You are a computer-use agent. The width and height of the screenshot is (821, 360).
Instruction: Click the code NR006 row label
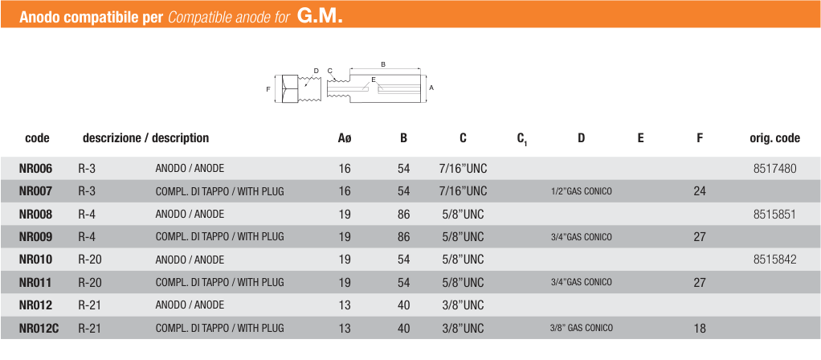click(35, 168)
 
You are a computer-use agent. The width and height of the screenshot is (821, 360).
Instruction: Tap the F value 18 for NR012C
click(700, 329)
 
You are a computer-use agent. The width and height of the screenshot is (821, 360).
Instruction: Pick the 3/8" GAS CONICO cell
click(581, 329)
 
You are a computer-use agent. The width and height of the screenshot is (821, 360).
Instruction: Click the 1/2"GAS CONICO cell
click(581, 191)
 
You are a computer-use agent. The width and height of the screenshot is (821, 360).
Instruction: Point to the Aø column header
click(345, 138)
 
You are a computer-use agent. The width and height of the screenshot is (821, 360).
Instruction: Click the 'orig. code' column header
click(774, 138)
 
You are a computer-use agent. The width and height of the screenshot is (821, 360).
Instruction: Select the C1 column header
click(522, 139)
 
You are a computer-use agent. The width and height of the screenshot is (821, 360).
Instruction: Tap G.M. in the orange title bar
click(320, 16)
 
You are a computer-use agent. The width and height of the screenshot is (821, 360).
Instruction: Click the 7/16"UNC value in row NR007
click(463, 191)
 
